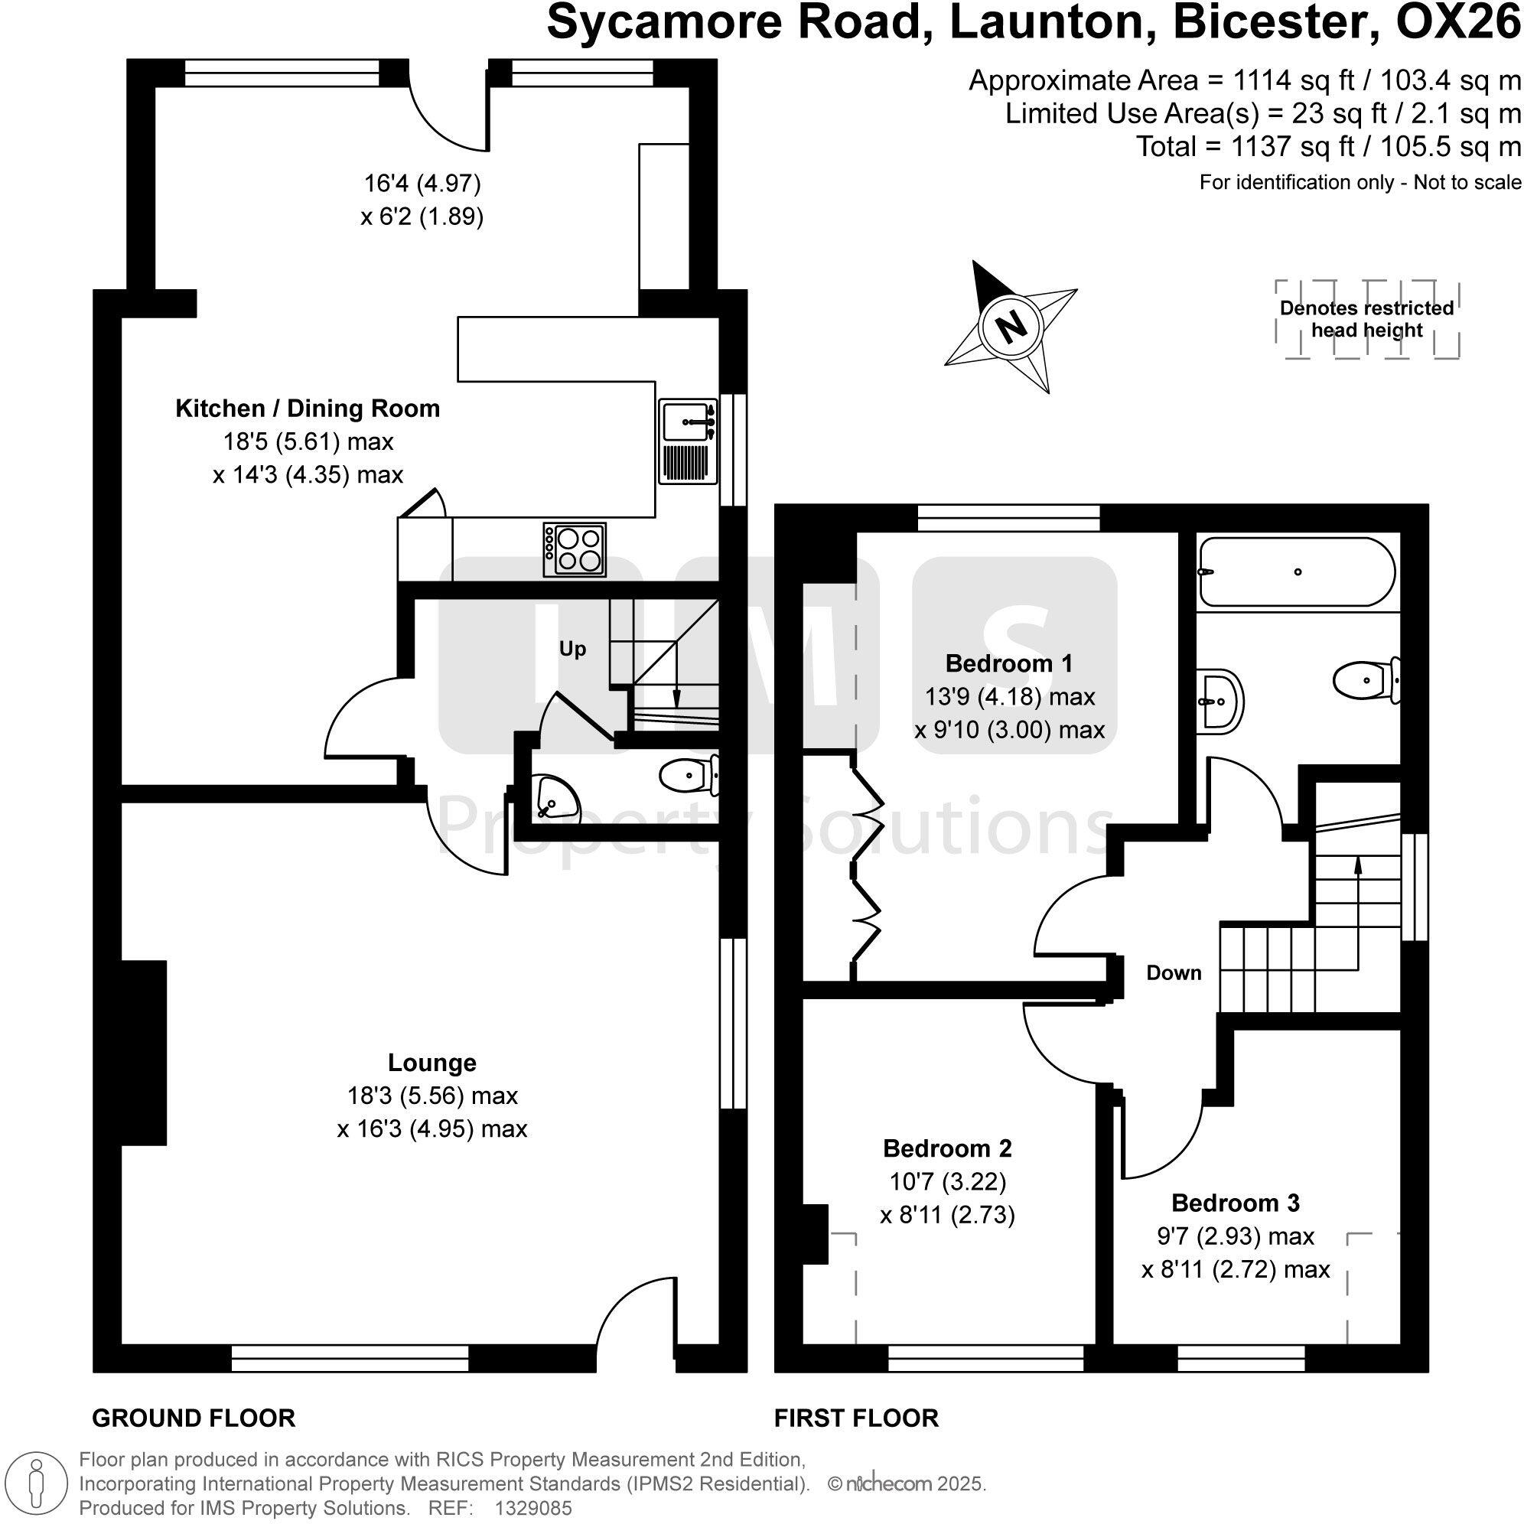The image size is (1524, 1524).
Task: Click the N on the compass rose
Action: click(x=1011, y=325)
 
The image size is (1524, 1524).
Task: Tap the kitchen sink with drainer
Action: click(x=688, y=441)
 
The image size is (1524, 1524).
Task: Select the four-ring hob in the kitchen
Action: click(x=575, y=549)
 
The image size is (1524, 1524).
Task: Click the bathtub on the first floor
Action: click(x=1296, y=572)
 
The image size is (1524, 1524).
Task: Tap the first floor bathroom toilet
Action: click(x=1367, y=679)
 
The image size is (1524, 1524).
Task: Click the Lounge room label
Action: click(x=431, y=1063)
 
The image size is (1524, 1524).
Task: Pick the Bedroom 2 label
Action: click(x=946, y=1148)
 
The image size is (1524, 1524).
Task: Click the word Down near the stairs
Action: click(x=1173, y=972)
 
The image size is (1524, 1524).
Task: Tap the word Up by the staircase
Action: click(x=572, y=649)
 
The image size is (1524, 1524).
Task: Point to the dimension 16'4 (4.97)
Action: click(x=422, y=183)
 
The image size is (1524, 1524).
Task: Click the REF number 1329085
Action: click(x=532, y=1507)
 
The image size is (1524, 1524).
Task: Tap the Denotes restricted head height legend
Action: click(x=1366, y=320)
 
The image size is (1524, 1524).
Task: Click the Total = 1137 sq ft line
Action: click(x=1327, y=146)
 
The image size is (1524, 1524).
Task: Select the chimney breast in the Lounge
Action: click(x=144, y=1052)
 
